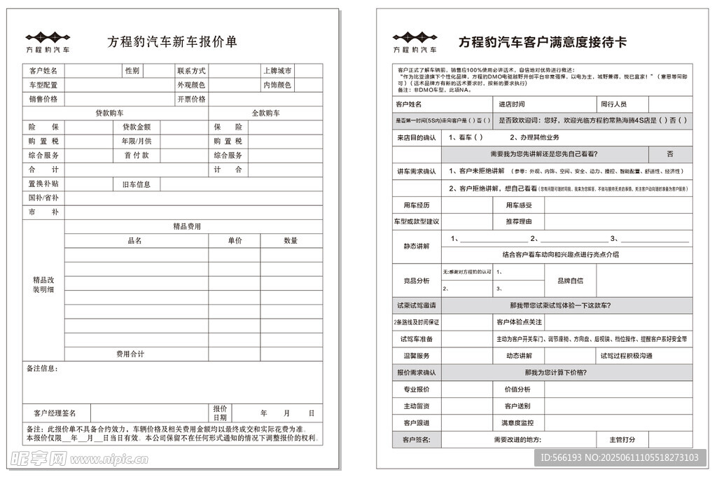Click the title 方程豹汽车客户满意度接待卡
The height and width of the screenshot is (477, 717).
point(543,42)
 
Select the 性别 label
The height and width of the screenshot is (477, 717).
point(132,71)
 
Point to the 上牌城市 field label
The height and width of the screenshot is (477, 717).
point(277,71)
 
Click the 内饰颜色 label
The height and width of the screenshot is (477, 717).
point(277,85)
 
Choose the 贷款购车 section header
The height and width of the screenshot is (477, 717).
point(110,113)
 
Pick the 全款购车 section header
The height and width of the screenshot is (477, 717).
point(265,113)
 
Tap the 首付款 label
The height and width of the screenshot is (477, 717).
point(137,155)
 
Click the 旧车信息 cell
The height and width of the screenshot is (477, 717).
point(137,184)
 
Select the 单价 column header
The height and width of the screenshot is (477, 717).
point(235,240)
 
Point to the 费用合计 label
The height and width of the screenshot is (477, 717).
point(130,354)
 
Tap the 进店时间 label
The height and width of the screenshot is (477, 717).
point(511,104)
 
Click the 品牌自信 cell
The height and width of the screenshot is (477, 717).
point(570,280)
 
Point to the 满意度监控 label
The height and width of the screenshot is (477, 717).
point(517,423)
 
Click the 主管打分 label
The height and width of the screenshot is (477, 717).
point(622,440)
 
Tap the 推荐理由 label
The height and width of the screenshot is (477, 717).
point(519,221)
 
